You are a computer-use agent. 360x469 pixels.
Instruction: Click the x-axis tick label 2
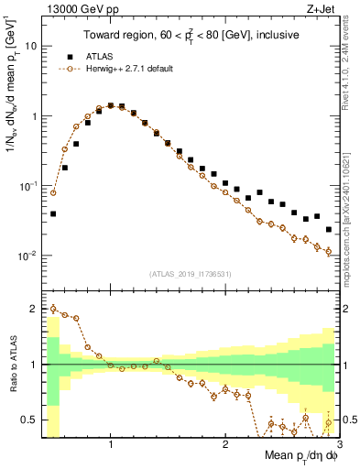pyautogui.click(x=224, y=445)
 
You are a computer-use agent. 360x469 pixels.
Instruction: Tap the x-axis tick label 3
pyautogui.click(x=338, y=445)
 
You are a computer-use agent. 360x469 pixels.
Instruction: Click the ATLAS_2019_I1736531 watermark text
pyautogui.click(x=189, y=274)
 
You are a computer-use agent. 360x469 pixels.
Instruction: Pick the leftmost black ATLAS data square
pyautogui.click(x=53, y=213)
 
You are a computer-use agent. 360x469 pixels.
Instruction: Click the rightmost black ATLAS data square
pyautogui.click(x=329, y=230)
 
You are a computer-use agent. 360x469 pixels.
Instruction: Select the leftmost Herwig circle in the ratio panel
pyautogui.click(x=53, y=309)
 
